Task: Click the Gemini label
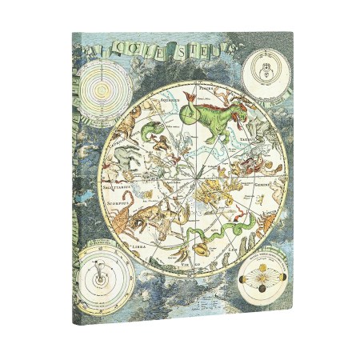(262, 205)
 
